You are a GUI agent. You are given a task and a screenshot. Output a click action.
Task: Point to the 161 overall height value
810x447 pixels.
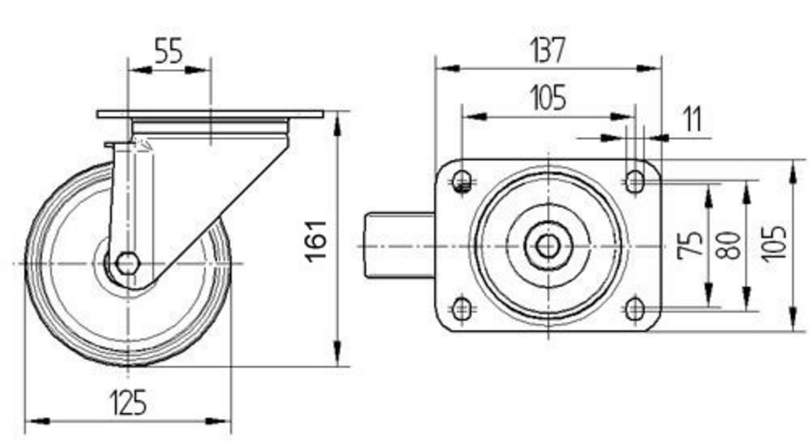click(316, 239)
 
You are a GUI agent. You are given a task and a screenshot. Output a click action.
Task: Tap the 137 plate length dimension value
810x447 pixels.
click(548, 50)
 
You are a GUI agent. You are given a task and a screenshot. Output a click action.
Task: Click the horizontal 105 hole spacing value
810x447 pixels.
click(548, 99)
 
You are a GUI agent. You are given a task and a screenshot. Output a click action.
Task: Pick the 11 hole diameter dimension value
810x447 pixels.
click(692, 119)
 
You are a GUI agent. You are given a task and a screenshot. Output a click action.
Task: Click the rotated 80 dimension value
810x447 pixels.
click(728, 245)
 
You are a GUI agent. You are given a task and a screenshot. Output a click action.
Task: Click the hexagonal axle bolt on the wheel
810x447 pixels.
click(127, 263)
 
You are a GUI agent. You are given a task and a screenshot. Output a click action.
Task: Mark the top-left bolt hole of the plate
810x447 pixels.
click(463, 181)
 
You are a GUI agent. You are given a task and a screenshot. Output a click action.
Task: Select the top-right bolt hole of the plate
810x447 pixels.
click(634, 181)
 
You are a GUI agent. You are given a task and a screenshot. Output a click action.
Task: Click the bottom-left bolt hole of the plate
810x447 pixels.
click(463, 309)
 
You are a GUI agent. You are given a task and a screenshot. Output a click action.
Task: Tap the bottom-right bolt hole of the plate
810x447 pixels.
click(634, 309)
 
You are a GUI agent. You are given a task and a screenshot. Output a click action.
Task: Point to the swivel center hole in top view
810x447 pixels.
click(548, 245)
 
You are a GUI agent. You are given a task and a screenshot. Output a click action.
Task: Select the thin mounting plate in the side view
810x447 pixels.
click(210, 114)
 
